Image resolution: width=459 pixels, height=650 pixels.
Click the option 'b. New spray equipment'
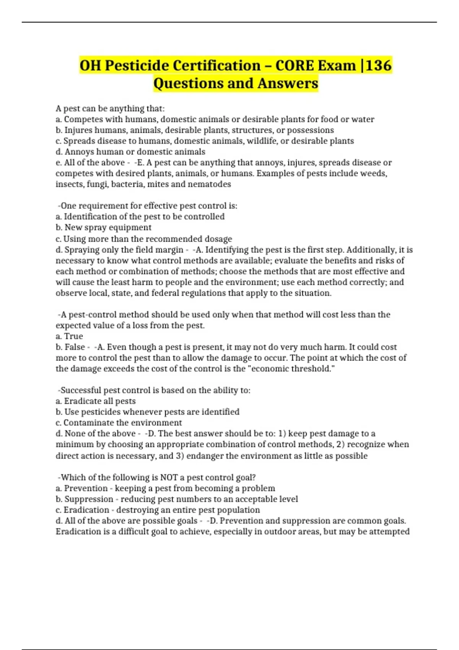pyautogui.click(x=104, y=227)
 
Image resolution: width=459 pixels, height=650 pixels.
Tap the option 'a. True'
pyautogui.click(x=69, y=336)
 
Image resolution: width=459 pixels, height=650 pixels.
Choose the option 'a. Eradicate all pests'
pyautogui.click(x=96, y=401)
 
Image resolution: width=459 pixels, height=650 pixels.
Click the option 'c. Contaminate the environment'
pyautogui.click(x=119, y=422)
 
